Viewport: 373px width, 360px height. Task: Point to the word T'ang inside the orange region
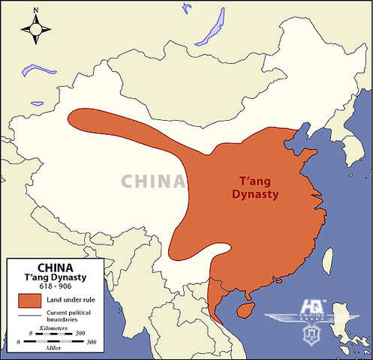point(253,181)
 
